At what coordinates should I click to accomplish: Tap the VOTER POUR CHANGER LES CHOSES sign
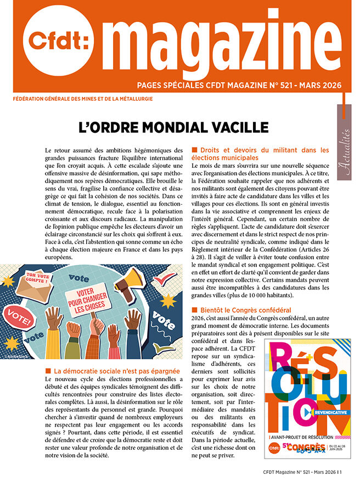[x=87, y=298]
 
